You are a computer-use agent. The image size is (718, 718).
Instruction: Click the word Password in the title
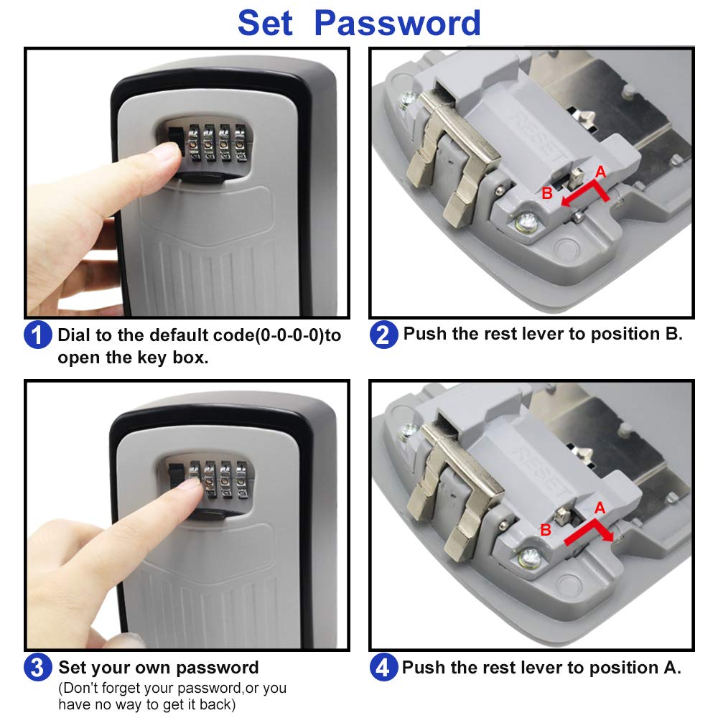pos(398,23)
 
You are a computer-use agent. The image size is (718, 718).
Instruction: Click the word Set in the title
pos(265,23)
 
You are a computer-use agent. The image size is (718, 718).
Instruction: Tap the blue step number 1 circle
pos(37,335)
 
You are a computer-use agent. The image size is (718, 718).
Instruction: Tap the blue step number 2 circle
pos(383,335)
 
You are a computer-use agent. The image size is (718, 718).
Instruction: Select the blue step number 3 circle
pos(37,668)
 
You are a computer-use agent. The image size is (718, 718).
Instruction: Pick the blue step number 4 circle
pos(383,668)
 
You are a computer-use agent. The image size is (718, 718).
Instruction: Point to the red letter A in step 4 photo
pos(600,507)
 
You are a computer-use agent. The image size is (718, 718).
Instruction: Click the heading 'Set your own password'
pos(158,668)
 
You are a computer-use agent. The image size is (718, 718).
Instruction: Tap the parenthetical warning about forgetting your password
pos(172,696)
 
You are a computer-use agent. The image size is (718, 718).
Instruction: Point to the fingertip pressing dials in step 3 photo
pos(189,488)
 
